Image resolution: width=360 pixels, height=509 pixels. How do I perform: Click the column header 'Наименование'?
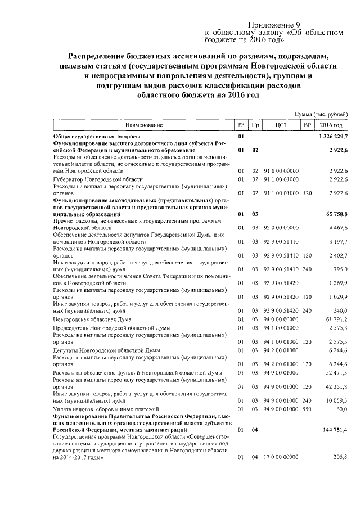[x=143, y=125]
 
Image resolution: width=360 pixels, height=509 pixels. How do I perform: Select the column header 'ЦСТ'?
[x=282, y=125]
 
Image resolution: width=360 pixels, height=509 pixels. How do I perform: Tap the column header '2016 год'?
[x=332, y=125]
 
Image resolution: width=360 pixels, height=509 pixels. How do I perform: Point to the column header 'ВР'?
[x=307, y=125]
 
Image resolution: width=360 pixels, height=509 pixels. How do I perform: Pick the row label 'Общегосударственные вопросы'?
[x=96, y=137]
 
